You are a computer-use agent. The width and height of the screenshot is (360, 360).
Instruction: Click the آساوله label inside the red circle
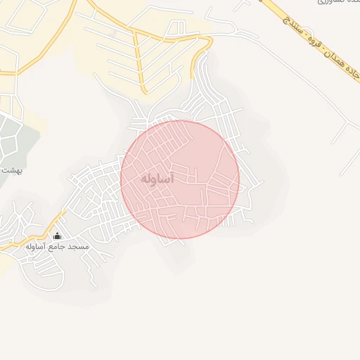tap(157, 179)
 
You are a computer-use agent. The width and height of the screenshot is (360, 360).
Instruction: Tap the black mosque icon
tap(57, 236)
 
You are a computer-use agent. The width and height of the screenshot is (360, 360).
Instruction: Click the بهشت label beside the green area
tap(11, 171)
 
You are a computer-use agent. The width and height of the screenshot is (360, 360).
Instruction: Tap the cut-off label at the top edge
tap(324, 3)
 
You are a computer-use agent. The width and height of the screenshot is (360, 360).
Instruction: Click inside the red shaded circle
tap(204, 204)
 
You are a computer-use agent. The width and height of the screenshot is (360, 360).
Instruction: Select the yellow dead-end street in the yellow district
tap(141, 63)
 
